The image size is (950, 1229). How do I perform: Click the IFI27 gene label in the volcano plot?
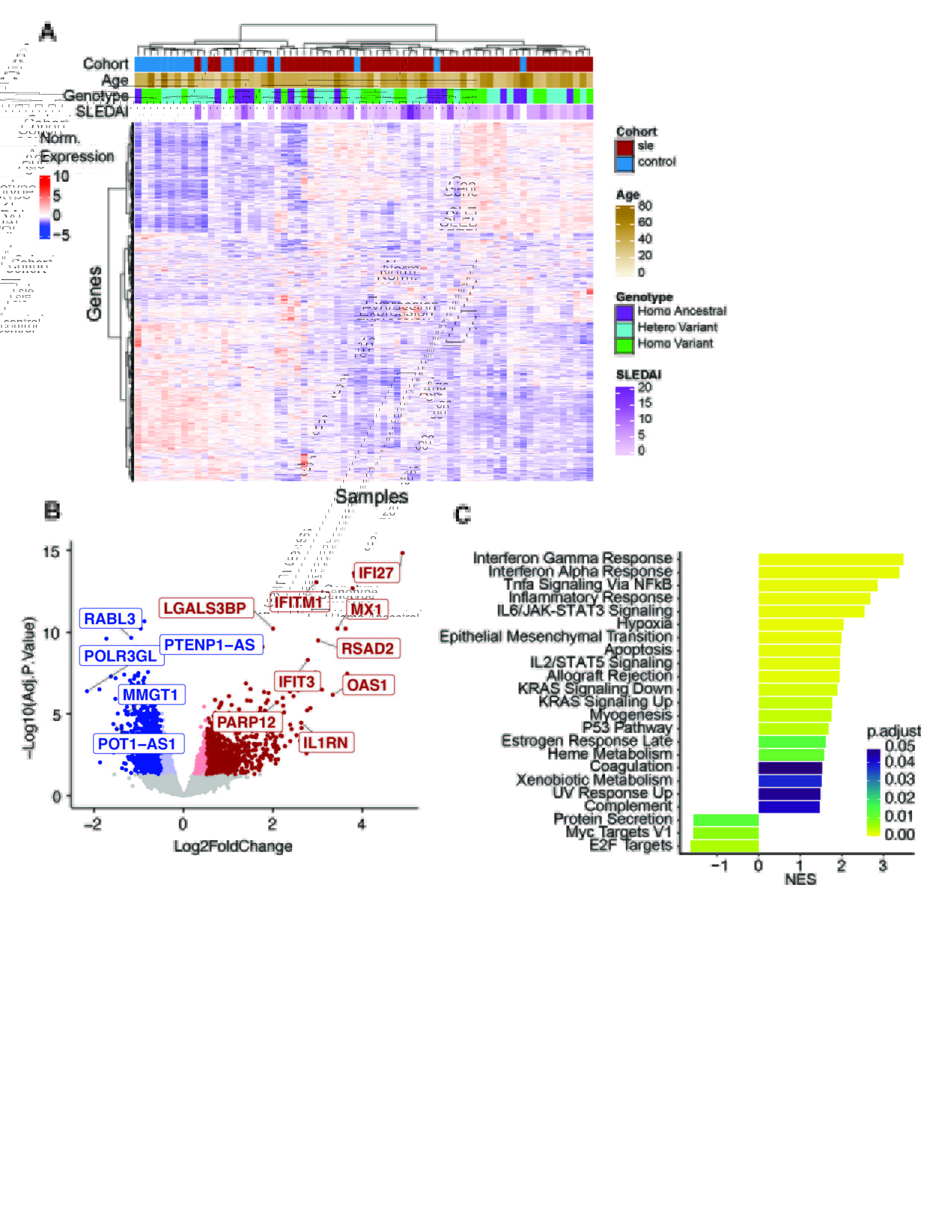tap(376, 573)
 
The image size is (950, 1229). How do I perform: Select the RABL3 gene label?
tap(110, 619)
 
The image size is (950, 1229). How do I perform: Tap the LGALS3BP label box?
tap(205, 608)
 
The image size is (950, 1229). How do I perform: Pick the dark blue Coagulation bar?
tap(790, 768)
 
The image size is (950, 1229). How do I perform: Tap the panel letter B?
tap(52, 511)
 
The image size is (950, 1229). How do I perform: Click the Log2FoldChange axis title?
tap(232, 847)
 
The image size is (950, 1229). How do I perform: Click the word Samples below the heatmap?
tap(371, 496)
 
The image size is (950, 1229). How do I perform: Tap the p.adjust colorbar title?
tap(893, 731)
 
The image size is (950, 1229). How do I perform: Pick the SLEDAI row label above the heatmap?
tap(102, 112)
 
